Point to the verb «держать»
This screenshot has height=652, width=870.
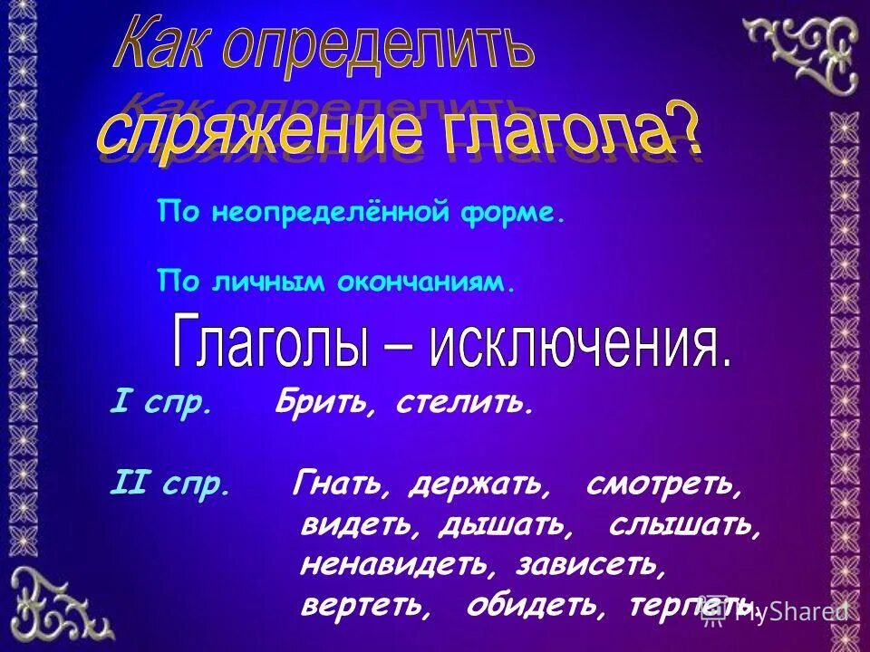[x=479, y=487]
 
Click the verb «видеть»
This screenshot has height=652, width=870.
[x=359, y=526]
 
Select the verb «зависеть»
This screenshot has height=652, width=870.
[x=592, y=565]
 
